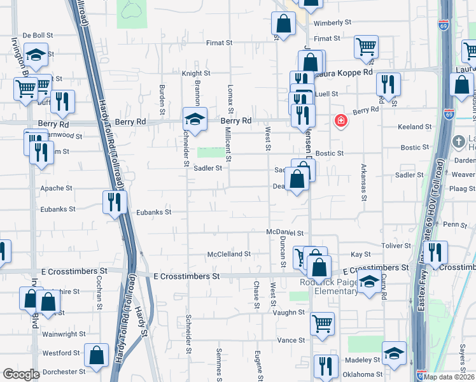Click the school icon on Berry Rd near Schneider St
pyautogui.click(x=195, y=118)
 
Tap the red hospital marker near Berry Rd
pyautogui.click(x=341, y=120)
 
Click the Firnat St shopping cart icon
pyautogui.click(x=366, y=46)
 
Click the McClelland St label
pyautogui.click(x=229, y=254)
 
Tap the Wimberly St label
pyautogui.click(x=332, y=22)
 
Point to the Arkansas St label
pyautogui.click(x=364, y=185)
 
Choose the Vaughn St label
pyautogui.click(x=290, y=313)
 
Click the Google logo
pyautogui.click(x=21, y=374)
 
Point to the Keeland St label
pyautogui.click(x=415, y=127)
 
